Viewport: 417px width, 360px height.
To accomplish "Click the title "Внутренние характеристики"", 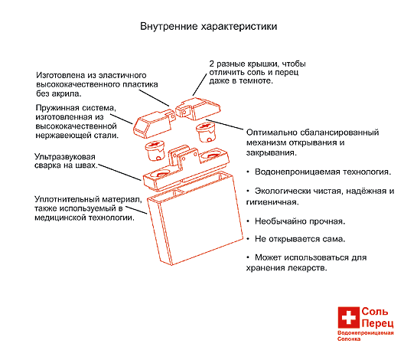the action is (x=208, y=27).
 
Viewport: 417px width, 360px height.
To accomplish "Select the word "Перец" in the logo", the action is (x=377, y=323).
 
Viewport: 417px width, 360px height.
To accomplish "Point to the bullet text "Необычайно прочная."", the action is (x=300, y=221).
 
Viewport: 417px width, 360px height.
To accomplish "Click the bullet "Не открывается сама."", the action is (x=300, y=239).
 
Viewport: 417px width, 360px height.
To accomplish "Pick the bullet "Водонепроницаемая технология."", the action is (x=323, y=172).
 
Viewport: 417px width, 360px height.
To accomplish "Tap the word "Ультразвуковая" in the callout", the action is (x=64, y=156).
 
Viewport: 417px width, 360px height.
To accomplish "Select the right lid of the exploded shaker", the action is (x=198, y=109).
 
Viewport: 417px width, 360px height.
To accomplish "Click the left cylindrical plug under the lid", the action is (x=155, y=150).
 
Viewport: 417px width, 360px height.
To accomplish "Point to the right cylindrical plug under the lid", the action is (x=205, y=133).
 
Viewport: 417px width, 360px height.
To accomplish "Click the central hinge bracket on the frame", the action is (x=183, y=158).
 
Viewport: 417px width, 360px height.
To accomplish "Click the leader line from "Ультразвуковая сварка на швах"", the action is (x=119, y=172).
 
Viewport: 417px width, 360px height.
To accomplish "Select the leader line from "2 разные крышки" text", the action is (x=200, y=84).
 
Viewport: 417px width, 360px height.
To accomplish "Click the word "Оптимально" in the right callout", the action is (x=271, y=133).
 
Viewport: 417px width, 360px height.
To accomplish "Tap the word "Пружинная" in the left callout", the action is (x=57, y=108).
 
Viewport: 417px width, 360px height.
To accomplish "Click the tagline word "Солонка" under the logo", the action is (x=349, y=339).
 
